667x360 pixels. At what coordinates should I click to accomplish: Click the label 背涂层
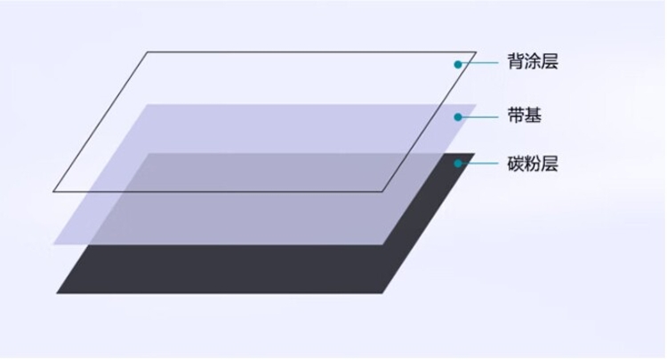pyautogui.click(x=533, y=61)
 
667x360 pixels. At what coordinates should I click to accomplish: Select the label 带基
pyautogui.click(x=524, y=116)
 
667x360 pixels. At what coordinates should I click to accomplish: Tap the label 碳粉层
pyautogui.click(x=533, y=164)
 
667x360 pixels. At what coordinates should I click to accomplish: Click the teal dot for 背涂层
pyautogui.click(x=458, y=64)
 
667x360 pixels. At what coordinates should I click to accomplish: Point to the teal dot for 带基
pyautogui.click(x=458, y=116)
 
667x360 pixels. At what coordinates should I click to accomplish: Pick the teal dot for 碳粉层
pyautogui.click(x=458, y=164)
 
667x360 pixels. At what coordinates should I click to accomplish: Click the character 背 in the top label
pyautogui.click(x=516, y=61)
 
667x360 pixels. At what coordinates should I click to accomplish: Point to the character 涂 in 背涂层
pyautogui.click(x=533, y=61)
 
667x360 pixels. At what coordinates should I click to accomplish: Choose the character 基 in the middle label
pyautogui.click(x=533, y=116)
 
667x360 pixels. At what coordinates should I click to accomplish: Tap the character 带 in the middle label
pyautogui.click(x=516, y=116)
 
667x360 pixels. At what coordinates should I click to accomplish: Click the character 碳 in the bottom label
pyautogui.click(x=516, y=164)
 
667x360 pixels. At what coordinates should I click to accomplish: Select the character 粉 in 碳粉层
pyautogui.click(x=533, y=164)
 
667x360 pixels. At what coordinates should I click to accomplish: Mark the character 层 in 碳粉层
pyautogui.click(x=550, y=164)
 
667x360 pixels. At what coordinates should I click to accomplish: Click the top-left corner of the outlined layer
pyautogui.click(x=148, y=52)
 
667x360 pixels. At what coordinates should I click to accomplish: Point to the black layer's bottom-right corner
pyautogui.click(x=382, y=293)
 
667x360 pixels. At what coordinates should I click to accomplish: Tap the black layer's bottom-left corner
pyautogui.click(x=57, y=293)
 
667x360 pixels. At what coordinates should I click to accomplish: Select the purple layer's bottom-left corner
pyautogui.click(x=53, y=244)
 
